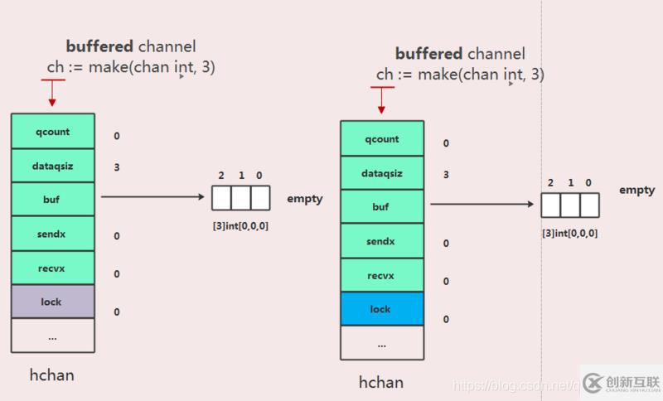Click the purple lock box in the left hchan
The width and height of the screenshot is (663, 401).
[52, 302]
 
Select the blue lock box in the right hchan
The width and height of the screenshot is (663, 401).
[381, 308]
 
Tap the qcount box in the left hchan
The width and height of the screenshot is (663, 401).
[52, 131]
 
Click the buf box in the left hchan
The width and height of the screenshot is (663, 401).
[52, 200]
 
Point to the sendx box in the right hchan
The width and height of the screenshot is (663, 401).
[381, 240]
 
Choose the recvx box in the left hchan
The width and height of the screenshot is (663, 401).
[52, 268]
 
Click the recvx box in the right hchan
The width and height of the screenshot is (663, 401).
[381, 274]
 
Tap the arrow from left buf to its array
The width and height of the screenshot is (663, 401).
[152, 198]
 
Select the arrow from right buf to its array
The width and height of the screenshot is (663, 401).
[481, 204]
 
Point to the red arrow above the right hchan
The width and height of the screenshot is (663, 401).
[380, 99]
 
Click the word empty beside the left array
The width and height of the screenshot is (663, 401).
[305, 199]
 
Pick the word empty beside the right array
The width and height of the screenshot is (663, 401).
[636, 190]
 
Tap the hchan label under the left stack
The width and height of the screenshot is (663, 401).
[51, 374]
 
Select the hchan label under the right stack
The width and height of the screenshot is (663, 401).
[380, 382]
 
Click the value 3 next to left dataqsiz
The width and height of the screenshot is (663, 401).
[117, 167]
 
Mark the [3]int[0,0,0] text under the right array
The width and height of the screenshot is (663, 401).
[569, 233]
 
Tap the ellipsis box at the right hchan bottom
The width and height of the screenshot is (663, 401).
[381, 343]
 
